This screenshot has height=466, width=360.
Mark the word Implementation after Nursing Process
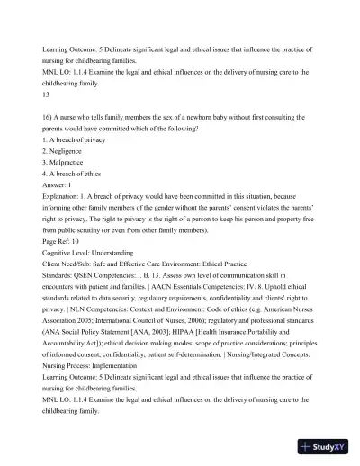pos(122,386)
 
